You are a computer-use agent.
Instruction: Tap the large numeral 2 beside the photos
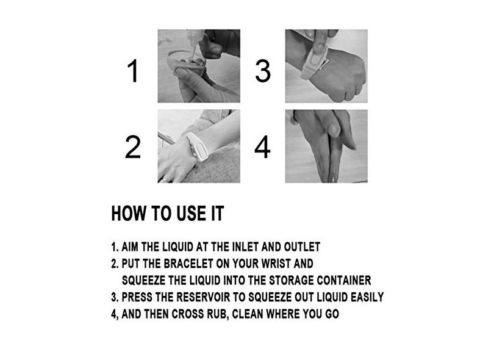132,147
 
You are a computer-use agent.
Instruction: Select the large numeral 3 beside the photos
262,71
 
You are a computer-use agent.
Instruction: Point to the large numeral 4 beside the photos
262,147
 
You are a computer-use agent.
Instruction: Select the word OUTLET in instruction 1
302,247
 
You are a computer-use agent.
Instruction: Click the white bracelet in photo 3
313,62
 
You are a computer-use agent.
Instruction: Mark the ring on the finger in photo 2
165,179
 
